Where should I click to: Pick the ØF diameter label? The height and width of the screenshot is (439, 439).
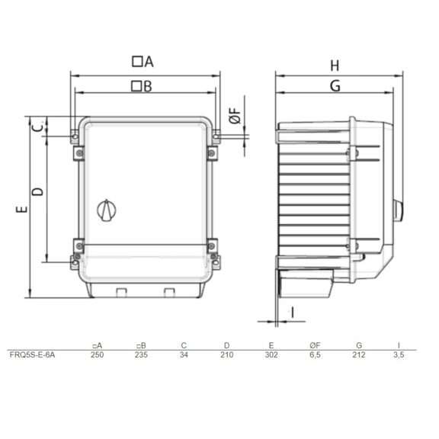[x=236, y=117]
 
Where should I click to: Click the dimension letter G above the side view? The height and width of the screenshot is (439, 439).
[x=334, y=86]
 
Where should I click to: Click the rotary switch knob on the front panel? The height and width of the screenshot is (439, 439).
[x=106, y=210]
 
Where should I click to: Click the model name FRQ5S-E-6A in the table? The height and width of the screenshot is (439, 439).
[x=32, y=354]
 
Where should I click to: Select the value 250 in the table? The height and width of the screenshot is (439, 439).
[x=97, y=354]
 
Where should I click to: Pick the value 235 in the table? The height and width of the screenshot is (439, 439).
[x=140, y=354]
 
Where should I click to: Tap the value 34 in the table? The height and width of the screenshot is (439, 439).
[x=184, y=354]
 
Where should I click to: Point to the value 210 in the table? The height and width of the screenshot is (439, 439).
[x=226, y=354]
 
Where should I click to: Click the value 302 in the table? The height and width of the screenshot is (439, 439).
[x=271, y=354]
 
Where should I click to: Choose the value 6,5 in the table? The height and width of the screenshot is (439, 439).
[x=315, y=354]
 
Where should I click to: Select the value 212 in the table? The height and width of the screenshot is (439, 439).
[x=359, y=354]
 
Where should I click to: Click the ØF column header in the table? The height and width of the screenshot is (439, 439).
[x=315, y=346]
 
